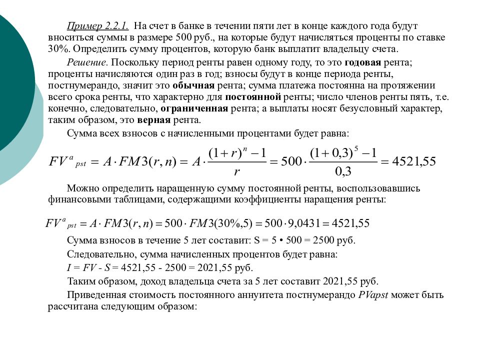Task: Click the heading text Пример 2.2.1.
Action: pyautogui.click(x=98, y=25)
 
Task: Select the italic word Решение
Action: pyautogui.click(x=87, y=62)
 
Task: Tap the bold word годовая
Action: pyautogui.click(x=363, y=62)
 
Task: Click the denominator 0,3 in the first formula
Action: pyautogui.click(x=343, y=172)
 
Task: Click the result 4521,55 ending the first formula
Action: pyautogui.click(x=414, y=161)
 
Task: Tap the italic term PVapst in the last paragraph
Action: pyautogui.click(x=373, y=295)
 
